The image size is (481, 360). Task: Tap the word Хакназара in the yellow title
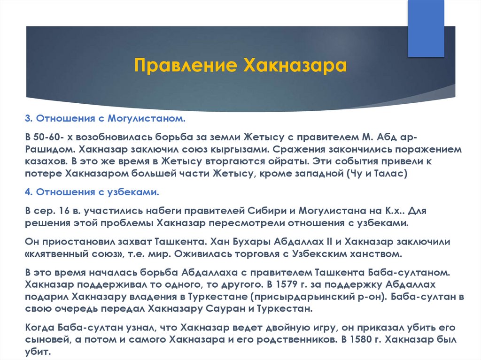click(x=295, y=66)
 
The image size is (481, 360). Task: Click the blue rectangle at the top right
click(x=426, y=29)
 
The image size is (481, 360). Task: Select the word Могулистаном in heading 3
click(x=147, y=118)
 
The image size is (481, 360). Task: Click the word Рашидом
click(x=50, y=149)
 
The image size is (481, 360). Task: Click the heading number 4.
click(x=29, y=192)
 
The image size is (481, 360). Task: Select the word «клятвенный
click(x=56, y=254)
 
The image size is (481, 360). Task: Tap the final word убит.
click(x=38, y=352)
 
